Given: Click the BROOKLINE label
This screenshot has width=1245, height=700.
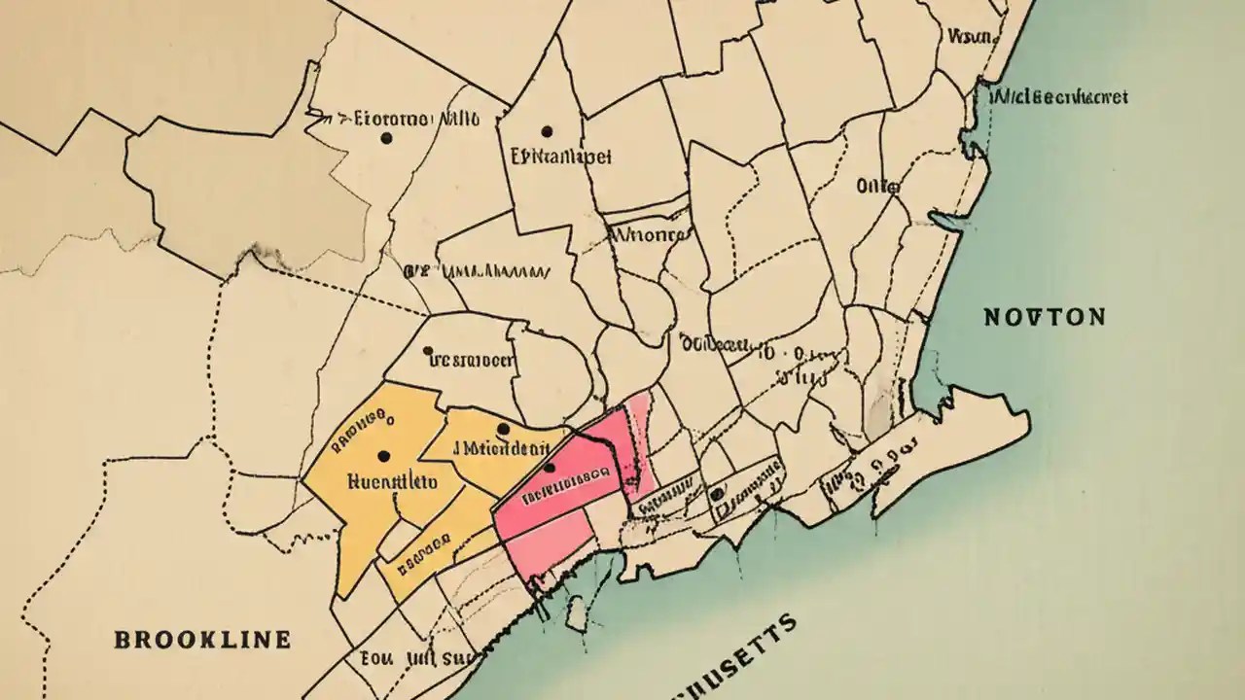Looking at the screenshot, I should point(202,639).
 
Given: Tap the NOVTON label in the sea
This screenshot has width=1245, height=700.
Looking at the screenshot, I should point(1044,317).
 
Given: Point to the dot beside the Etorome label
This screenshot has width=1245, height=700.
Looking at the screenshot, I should point(386,139).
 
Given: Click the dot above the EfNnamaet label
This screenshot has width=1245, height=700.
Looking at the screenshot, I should point(547,130).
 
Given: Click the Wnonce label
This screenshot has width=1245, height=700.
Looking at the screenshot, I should point(648,234).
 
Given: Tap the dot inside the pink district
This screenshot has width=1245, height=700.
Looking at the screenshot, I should point(550,468).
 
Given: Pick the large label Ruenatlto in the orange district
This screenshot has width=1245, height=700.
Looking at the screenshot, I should point(391,480).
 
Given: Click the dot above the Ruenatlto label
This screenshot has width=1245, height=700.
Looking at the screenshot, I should point(382,455).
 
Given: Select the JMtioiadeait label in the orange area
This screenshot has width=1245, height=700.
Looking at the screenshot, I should point(502,448).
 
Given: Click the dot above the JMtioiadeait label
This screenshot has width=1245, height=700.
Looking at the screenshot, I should point(503,428).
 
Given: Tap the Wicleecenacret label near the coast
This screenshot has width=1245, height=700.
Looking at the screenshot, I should point(1058,97).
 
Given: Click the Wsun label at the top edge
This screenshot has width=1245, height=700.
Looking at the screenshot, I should point(968,37).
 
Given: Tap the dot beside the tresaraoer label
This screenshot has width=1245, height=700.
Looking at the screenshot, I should point(428,351).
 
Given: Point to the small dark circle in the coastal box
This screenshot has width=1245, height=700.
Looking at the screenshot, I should point(717,493).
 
